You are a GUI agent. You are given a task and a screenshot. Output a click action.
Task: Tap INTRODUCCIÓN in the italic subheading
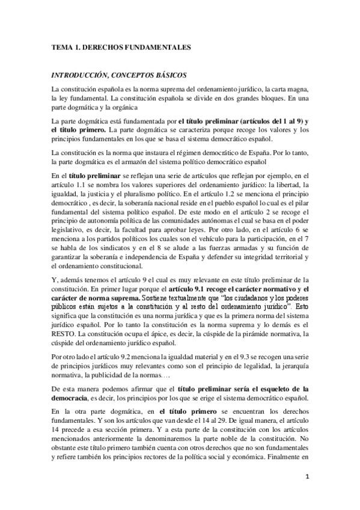point(85,75)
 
